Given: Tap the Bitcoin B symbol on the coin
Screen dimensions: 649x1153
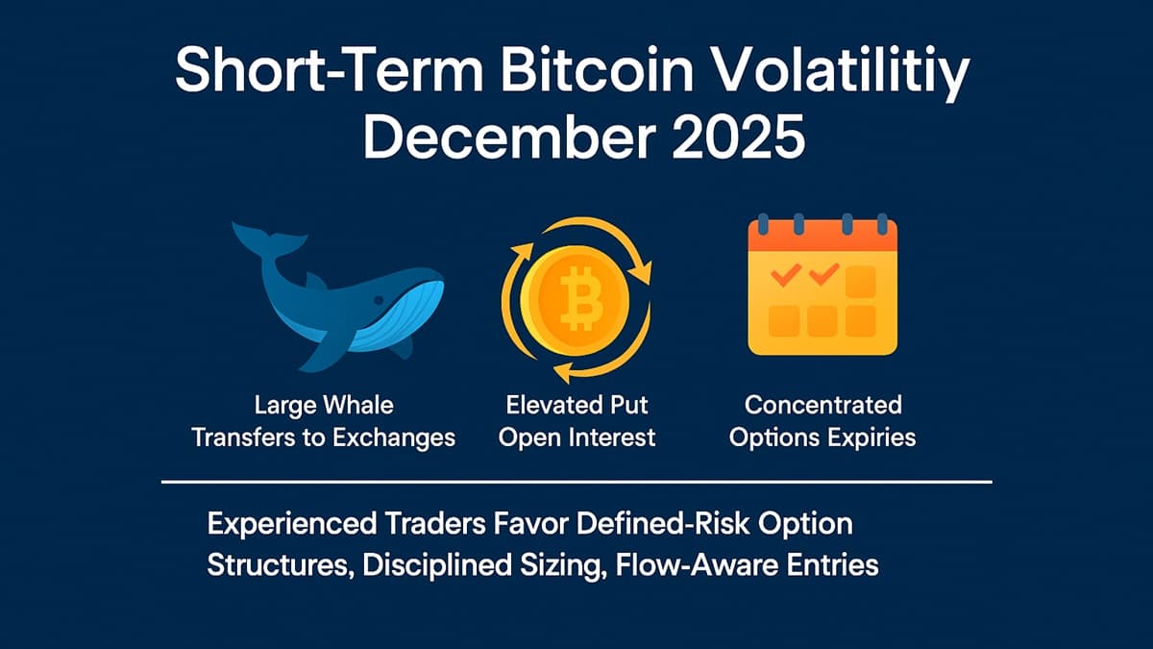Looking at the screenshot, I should point(577,298).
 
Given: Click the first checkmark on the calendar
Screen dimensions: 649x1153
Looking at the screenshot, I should point(785,277).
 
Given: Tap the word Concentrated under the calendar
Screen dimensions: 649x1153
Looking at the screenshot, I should point(822,405).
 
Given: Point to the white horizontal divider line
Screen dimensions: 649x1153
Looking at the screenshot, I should point(576,481).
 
